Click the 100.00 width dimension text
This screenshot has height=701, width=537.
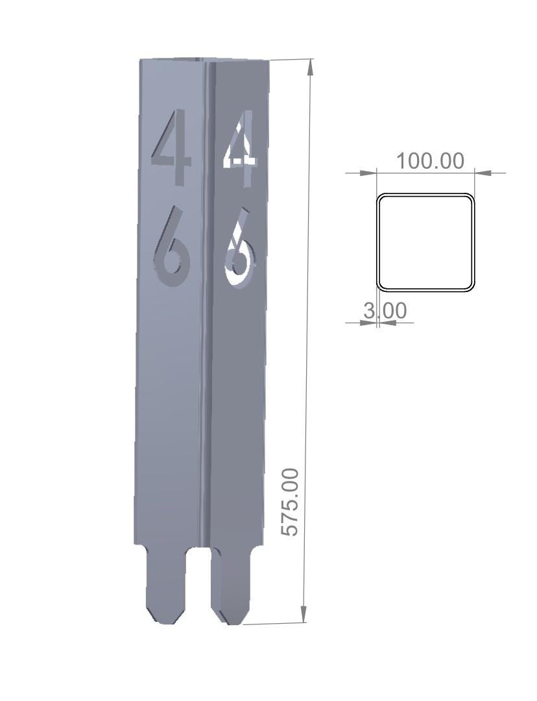point(430,160)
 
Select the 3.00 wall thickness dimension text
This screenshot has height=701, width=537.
point(385,311)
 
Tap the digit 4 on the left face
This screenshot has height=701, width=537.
point(173,146)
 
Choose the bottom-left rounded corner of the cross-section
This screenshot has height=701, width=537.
point(381,286)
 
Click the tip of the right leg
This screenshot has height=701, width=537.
point(234,623)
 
